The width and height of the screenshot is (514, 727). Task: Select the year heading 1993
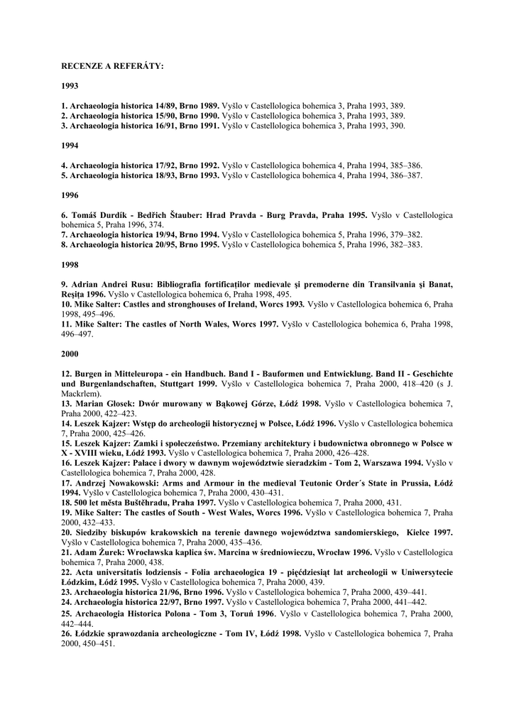70,86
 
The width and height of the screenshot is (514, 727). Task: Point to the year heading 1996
70,195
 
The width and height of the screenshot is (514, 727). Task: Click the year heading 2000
70,354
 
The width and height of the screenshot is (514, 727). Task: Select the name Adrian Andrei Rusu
109,284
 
